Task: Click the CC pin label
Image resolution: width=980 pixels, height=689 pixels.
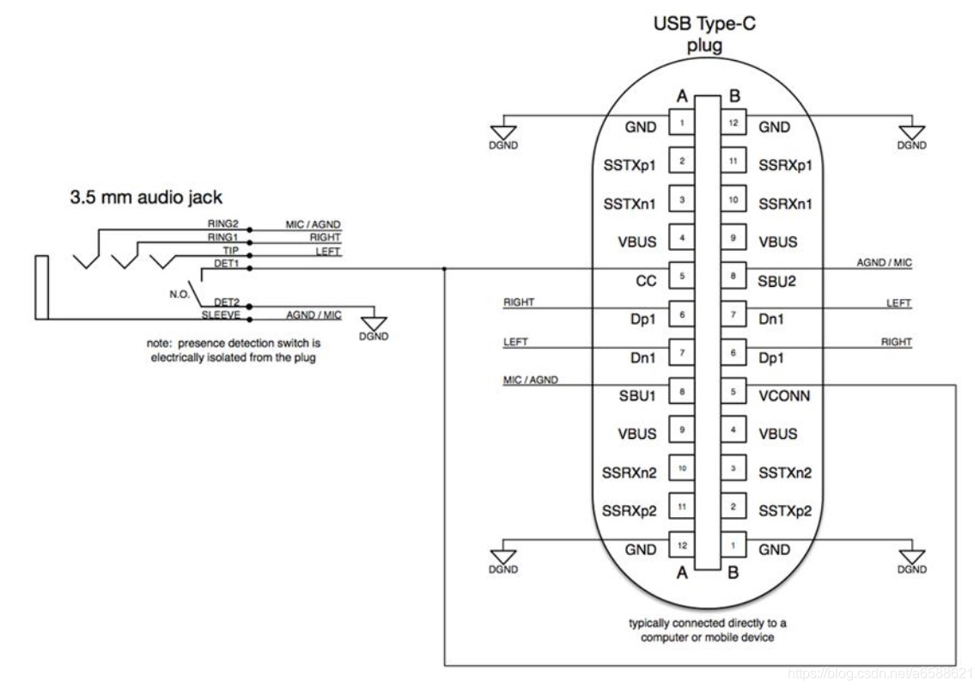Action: tap(645, 281)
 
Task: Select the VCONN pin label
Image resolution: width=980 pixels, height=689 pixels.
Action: tap(785, 396)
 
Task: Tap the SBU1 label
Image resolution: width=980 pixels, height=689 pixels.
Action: tap(637, 396)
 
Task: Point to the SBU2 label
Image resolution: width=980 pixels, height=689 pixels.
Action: tap(776, 281)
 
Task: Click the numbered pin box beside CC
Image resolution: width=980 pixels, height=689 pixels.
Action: tap(681, 277)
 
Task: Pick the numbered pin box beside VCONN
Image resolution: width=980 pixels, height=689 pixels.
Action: tap(732, 393)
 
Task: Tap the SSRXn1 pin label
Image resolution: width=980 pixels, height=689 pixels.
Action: tap(785, 204)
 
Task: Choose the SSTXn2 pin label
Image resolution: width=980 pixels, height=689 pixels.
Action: tap(785, 473)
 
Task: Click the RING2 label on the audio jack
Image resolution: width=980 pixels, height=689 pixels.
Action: tap(221, 224)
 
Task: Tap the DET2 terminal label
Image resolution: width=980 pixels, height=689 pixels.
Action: tap(225, 302)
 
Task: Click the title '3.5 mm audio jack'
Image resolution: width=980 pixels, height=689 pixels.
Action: tap(145, 197)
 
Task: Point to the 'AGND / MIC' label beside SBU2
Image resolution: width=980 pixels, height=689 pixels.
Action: tap(884, 263)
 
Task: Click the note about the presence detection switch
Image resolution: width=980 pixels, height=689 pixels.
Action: tap(234, 351)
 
